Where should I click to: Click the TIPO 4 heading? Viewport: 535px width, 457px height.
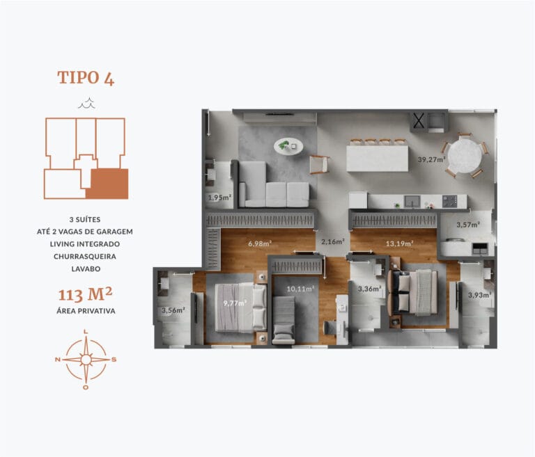[86, 77]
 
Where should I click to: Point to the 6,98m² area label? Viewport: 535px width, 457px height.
[259, 243]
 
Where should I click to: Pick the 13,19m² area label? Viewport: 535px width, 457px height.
[400, 243]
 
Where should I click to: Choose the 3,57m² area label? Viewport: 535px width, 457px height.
[467, 225]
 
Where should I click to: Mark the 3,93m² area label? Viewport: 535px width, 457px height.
[479, 295]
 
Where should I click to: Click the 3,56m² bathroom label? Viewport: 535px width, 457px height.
[172, 310]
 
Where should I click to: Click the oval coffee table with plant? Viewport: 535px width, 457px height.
[288, 145]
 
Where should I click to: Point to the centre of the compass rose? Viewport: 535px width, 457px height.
[86, 359]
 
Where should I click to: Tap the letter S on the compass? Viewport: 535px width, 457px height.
[114, 359]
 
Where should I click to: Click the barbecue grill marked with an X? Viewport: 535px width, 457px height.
[419, 121]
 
